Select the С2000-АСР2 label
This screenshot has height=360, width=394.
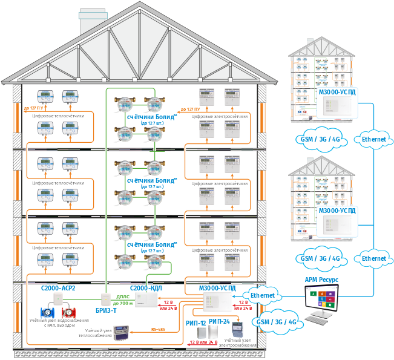click(58, 289)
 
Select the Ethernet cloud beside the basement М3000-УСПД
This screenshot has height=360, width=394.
click(262, 295)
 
